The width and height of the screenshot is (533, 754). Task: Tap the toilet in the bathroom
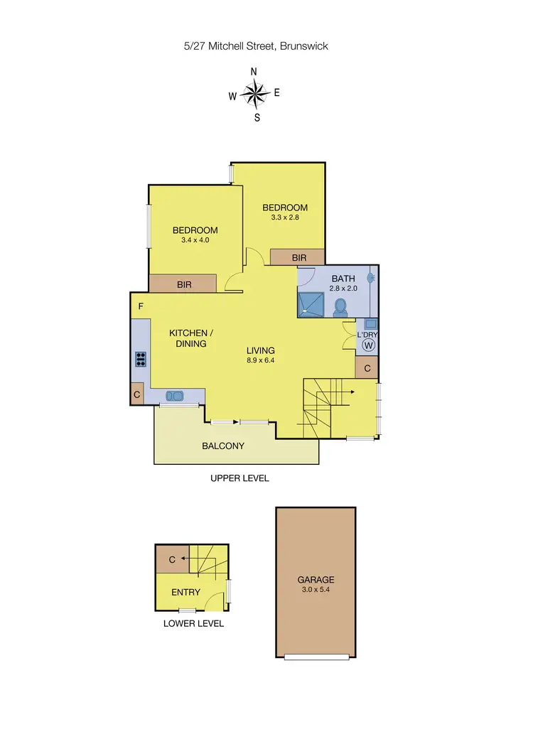click(340, 306)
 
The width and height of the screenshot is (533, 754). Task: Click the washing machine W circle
click(368, 345)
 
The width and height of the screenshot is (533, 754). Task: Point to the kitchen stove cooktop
click(141, 359)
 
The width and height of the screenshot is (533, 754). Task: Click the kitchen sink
click(173, 395)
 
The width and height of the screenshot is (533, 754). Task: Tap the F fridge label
click(141, 307)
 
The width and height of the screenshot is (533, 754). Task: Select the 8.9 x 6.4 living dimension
click(261, 361)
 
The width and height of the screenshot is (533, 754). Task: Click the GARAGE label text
click(316, 579)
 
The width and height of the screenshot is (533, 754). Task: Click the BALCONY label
click(223, 446)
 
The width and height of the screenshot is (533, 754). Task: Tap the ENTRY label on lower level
click(186, 592)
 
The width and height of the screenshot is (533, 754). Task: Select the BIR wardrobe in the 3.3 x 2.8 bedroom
click(299, 257)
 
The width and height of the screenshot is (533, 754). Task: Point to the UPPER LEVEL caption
click(239, 478)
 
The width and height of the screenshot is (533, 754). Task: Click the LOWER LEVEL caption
click(193, 623)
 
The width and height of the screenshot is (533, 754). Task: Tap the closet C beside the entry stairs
click(172, 560)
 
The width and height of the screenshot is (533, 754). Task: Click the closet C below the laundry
click(367, 368)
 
